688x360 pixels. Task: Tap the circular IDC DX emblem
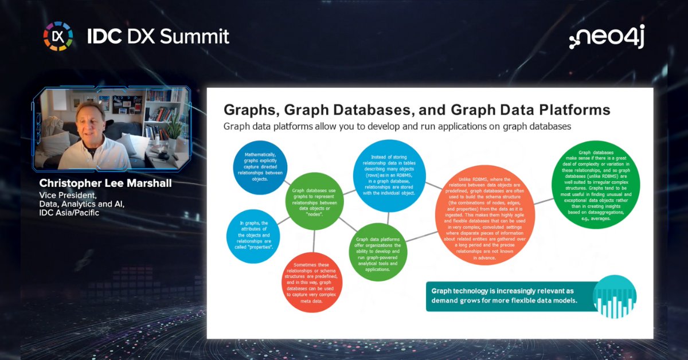coord(58,36)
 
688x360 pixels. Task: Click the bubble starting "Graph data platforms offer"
coord(378,252)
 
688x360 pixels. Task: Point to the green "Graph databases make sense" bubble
coord(593,185)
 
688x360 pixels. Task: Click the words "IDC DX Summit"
coord(158,37)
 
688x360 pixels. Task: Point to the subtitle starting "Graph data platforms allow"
coord(397,127)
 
